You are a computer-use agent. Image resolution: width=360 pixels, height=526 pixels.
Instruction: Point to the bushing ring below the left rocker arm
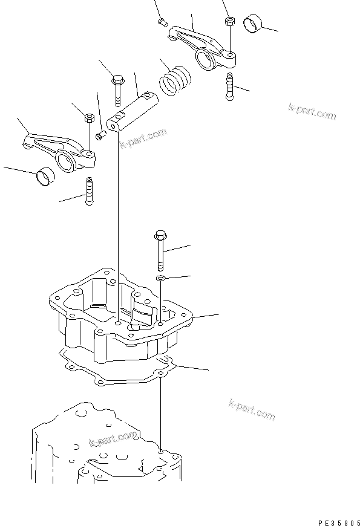(x=45, y=177)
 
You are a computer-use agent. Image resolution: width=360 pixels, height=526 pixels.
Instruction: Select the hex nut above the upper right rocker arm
(x=229, y=21)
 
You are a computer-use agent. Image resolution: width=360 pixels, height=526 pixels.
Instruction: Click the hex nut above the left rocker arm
(x=88, y=117)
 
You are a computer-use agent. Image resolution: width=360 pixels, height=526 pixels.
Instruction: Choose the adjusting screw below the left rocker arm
(x=90, y=190)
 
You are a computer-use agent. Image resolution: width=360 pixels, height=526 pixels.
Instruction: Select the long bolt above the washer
(x=160, y=248)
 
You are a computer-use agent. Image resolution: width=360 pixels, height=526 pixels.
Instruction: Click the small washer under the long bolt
(x=160, y=278)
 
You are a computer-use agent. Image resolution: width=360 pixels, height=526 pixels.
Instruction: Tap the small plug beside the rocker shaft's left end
(x=100, y=134)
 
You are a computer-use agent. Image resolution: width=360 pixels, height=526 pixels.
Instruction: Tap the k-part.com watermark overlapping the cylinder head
(x=113, y=440)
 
